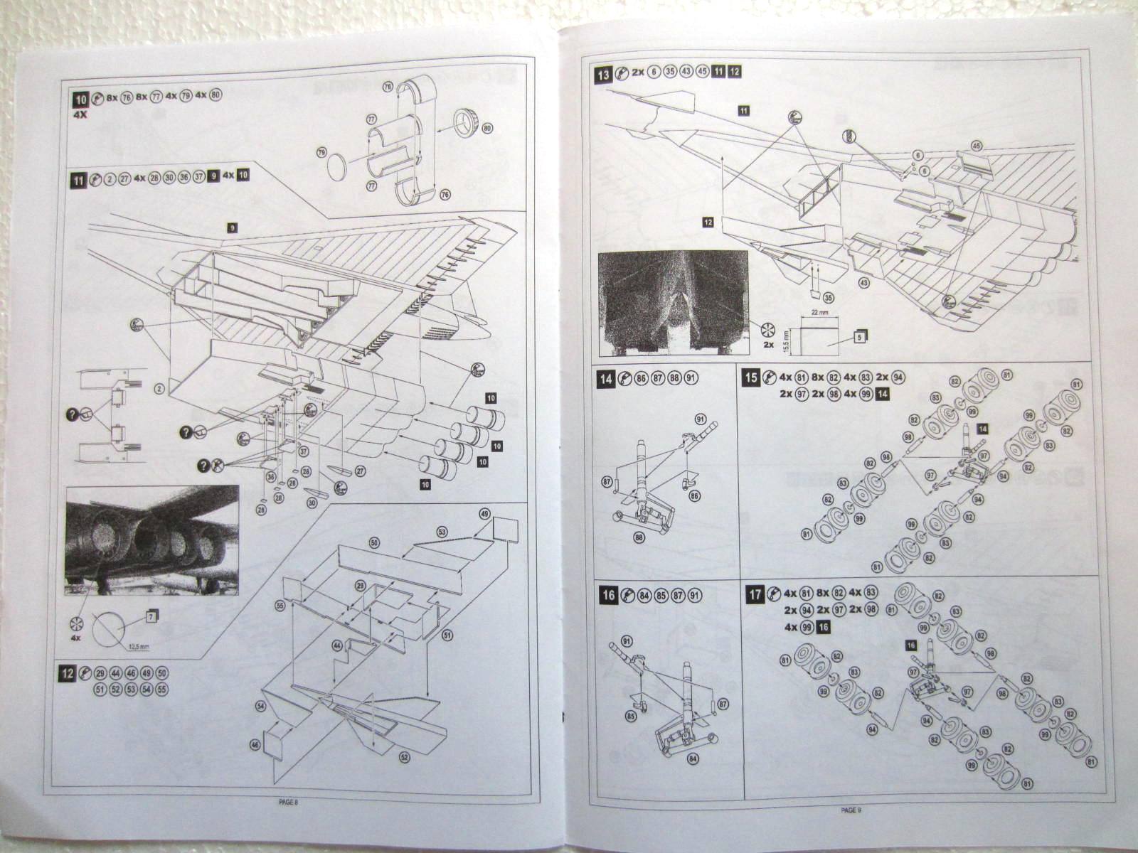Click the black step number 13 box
(605, 73)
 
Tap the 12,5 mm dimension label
(138, 645)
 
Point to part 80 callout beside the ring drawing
(487, 129)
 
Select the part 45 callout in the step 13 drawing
(957, 146)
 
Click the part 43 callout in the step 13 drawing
(864, 283)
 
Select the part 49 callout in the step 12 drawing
(485, 513)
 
